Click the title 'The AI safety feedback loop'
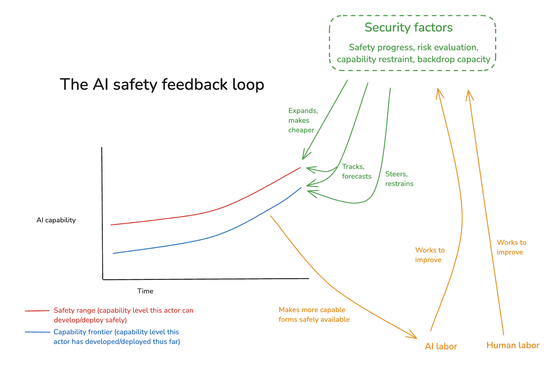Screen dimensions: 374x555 162,85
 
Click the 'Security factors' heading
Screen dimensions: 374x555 408,27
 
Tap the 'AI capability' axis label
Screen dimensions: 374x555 56,220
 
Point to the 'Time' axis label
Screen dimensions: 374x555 145,291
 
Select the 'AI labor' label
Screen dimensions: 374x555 441,346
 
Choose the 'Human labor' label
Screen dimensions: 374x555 513,345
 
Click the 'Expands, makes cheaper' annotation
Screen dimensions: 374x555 302,120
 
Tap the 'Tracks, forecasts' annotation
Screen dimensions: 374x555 356,172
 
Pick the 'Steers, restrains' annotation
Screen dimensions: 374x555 399,179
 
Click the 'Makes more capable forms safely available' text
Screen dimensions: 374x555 314,314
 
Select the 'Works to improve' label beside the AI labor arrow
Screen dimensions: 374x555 429,255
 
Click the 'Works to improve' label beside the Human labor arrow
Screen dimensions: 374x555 511,247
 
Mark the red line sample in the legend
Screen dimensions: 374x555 37,311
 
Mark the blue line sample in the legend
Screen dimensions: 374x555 37,332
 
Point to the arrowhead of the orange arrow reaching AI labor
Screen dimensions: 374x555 414,336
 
